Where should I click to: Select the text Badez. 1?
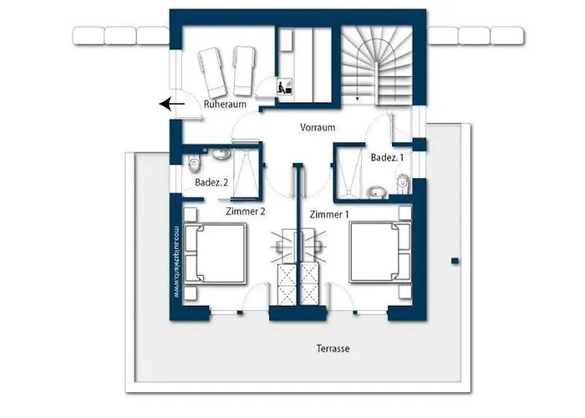(x=388, y=157)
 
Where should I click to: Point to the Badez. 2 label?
(x=212, y=181)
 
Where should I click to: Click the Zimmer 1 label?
(x=329, y=214)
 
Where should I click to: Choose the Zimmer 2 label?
(x=245, y=212)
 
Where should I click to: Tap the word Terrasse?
(x=333, y=349)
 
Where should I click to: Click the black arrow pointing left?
(x=172, y=104)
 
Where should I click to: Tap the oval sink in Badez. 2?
(x=221, y=155)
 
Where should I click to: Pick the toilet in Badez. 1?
(x=403, y=181)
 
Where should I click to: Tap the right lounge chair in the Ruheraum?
(x=242, y=69)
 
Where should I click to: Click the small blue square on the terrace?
(x=455, y=261)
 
